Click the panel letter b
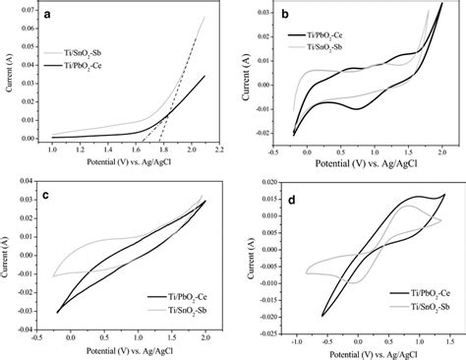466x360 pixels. point(448,18)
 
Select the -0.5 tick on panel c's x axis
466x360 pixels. point(46,339)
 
